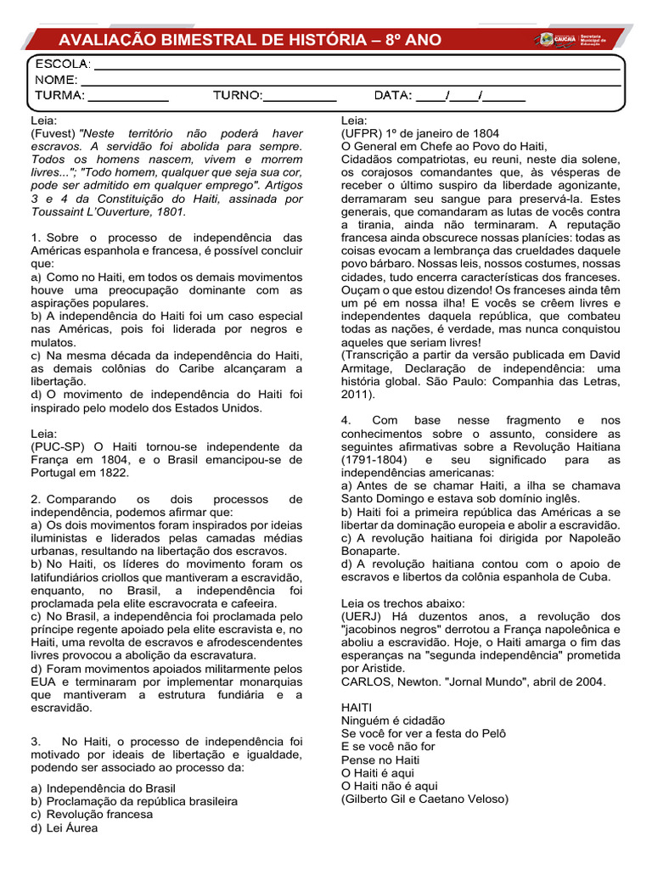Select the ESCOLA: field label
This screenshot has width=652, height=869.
tap(62, 64)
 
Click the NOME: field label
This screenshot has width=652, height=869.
tap(56, 80)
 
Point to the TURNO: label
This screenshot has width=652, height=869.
tap(238, 95)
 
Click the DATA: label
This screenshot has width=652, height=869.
tap(393, 95)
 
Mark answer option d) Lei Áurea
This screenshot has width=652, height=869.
tap(65, 827)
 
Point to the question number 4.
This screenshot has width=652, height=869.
tap(346, 420)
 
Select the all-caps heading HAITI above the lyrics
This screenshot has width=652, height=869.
tap(357, 707)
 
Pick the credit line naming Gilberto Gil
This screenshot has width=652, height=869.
tap(424, 799)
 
